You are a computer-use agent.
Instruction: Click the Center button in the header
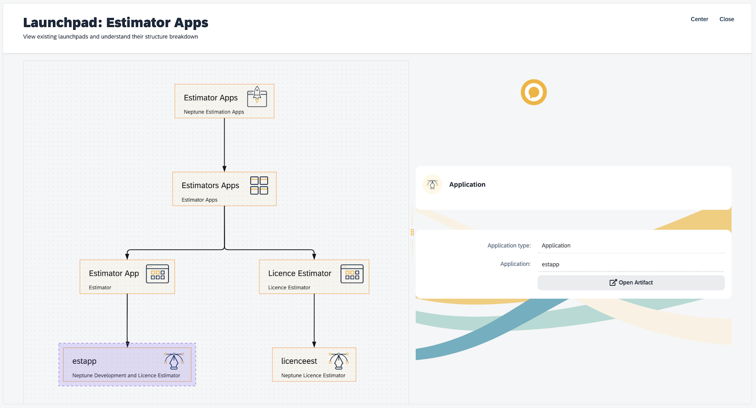pos(699,19)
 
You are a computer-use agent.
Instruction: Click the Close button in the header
pos(727,19)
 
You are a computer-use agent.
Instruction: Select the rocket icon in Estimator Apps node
pos(257,96)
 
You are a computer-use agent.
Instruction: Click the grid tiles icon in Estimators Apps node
pos(259,186)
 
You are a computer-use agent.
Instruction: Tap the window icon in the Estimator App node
pos(157,274)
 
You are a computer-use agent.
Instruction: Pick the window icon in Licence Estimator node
pos(352,274)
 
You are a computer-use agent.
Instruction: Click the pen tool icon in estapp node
pos(174,361)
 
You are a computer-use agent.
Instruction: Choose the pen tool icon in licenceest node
pos(339,361)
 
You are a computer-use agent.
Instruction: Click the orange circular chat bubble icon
pos(534,92)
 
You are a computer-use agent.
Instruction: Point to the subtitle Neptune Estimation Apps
pos(214,112)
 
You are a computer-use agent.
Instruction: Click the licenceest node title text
pos(299,361)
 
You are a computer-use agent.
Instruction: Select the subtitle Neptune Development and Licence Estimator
pos(126,376)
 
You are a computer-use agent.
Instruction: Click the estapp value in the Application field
pos(550,264)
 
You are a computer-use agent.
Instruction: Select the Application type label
pos(509,246)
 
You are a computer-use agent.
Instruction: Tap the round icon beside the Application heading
pos(432,185)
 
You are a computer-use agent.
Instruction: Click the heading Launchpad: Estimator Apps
pos(116,23)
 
